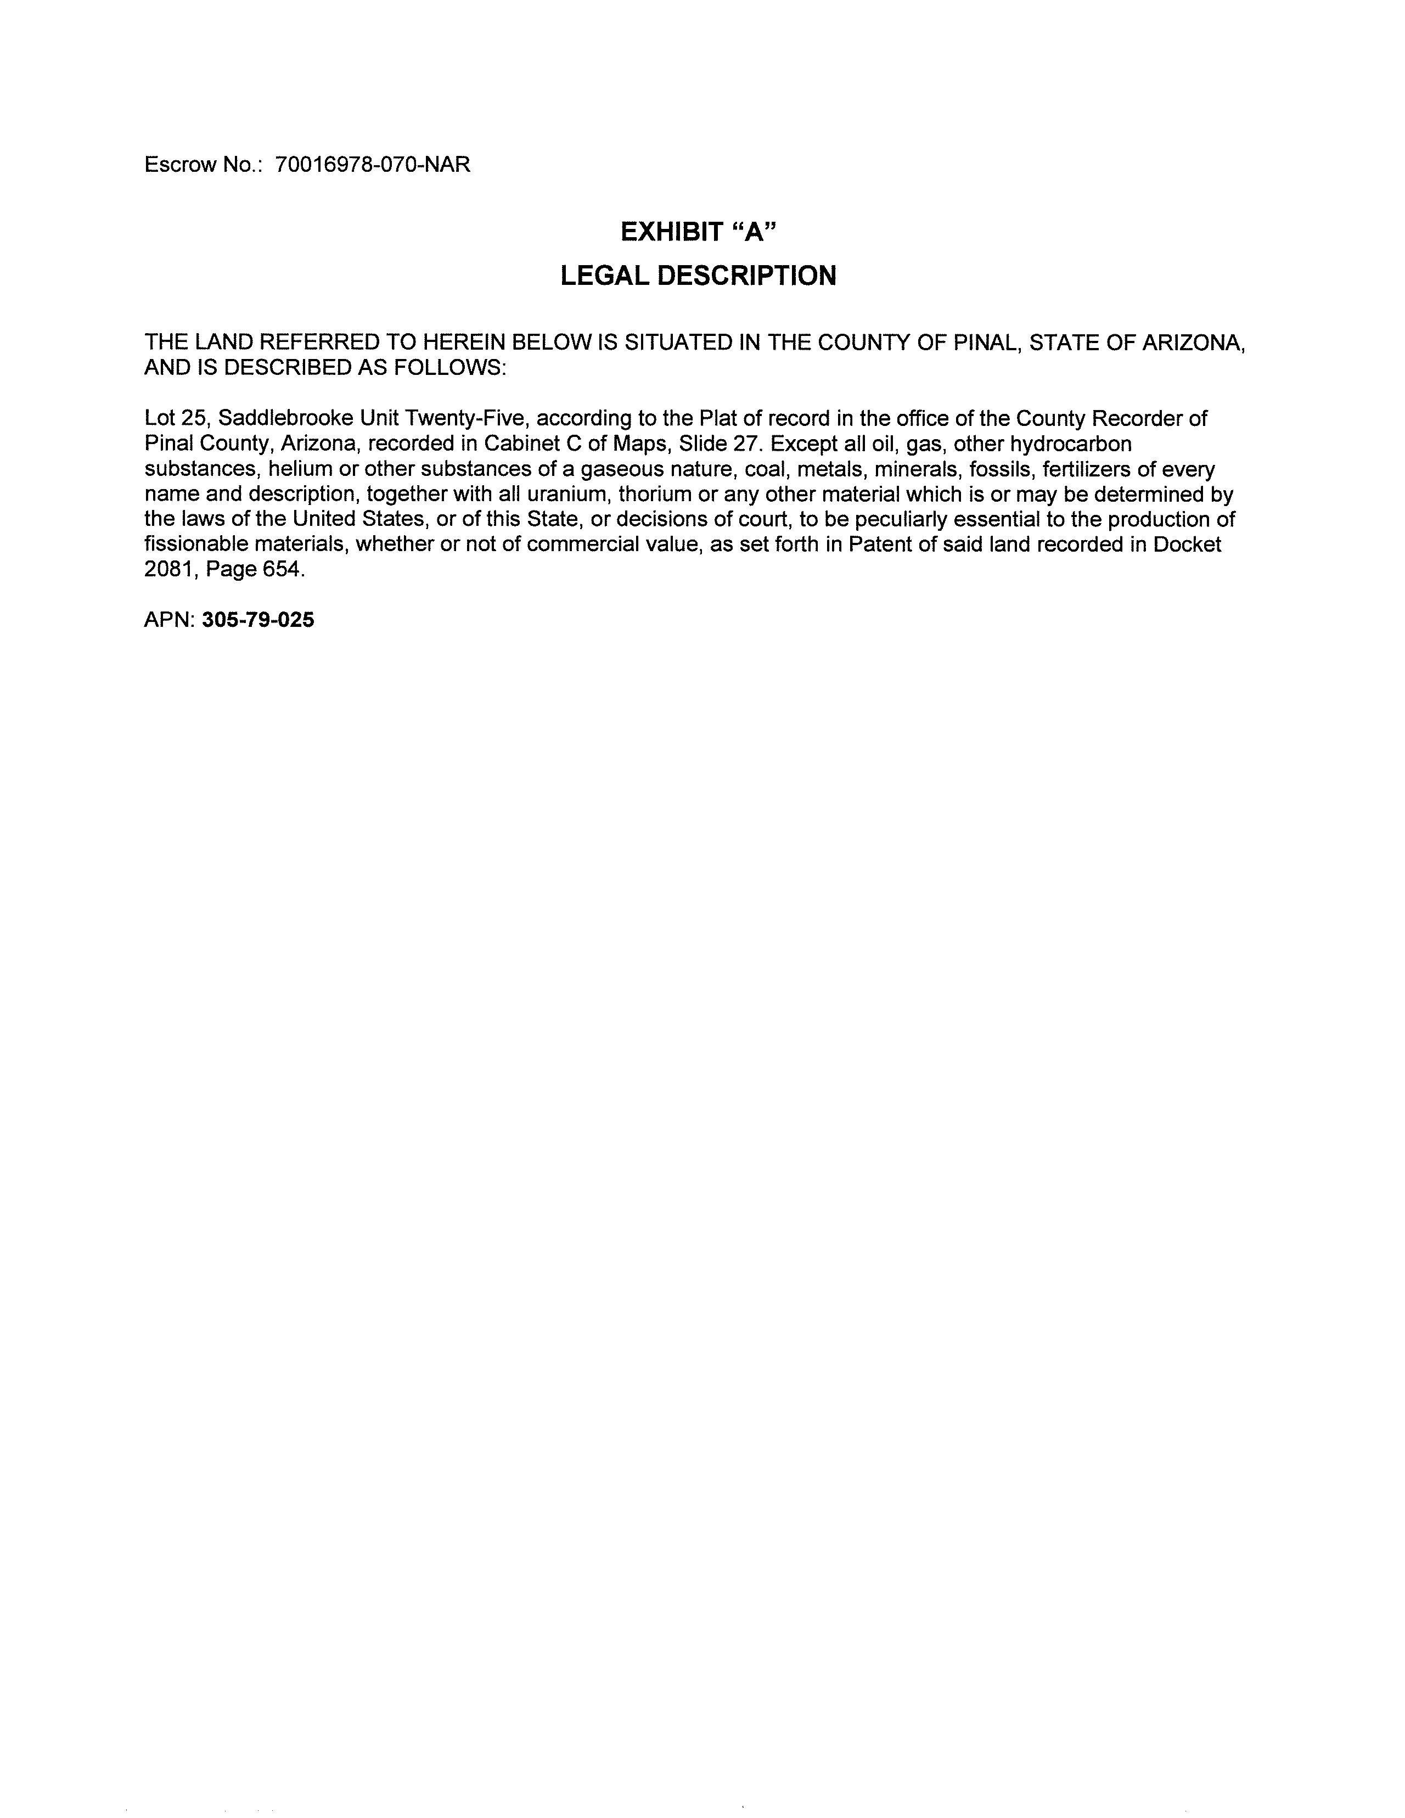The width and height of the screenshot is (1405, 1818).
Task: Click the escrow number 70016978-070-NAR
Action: pyautogui.click(x=372, y=165)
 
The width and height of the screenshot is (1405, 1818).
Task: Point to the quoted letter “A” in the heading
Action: pyautogui.click(x=754, y=232)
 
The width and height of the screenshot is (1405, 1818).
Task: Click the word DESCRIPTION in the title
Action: pyautogui.click(x=746, y=276)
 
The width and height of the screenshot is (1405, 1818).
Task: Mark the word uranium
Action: pyautogui.click(x=569, y=495)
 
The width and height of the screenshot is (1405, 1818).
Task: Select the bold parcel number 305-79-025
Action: pyautogui.click(x=258, y=620)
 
